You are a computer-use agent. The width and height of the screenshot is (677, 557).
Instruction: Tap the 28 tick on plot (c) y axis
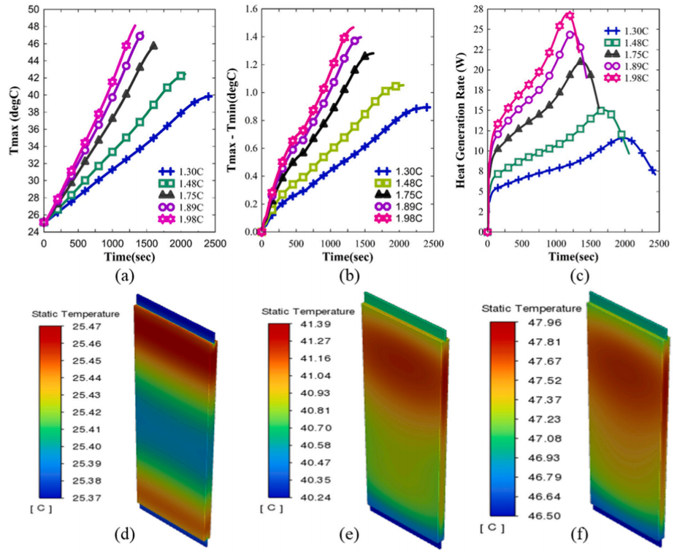[x=478, y=8]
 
